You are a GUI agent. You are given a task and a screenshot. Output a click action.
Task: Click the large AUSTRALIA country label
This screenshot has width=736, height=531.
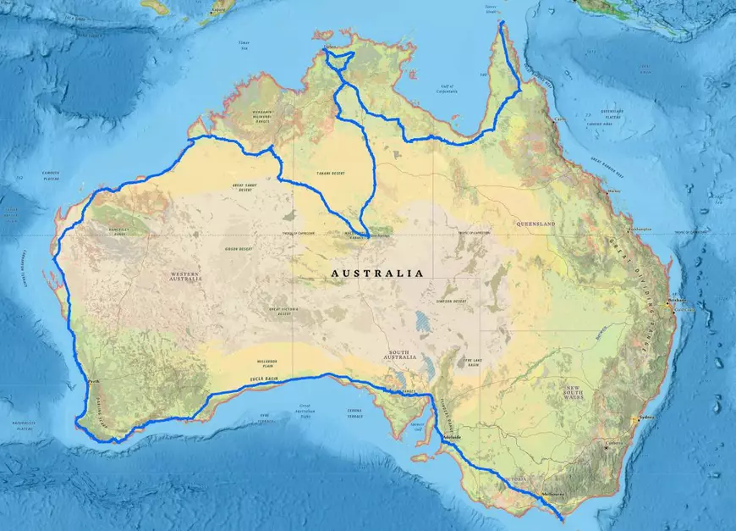tap(376, 274)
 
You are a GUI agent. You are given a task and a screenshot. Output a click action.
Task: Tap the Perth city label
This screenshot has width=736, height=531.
tap(94, 382)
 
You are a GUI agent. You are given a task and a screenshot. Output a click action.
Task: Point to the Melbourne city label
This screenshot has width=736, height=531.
tap(554, 494)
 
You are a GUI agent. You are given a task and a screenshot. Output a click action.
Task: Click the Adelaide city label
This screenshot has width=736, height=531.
tap(451, 438)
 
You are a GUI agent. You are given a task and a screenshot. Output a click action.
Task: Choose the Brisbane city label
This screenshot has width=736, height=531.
tap(677, 301)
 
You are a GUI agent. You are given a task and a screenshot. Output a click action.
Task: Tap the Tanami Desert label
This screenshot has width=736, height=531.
tap(332, 173)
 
